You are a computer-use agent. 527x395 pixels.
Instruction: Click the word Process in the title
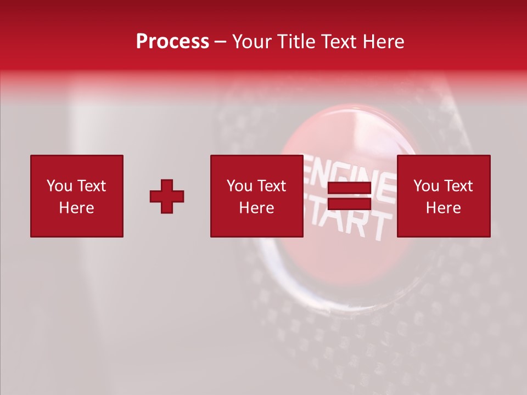[x=172, y=42]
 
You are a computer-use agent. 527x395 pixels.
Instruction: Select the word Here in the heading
[x=383, y=42]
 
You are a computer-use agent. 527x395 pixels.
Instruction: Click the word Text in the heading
[x=338, y=42]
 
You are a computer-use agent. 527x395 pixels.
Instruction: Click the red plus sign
[x=167, y=196]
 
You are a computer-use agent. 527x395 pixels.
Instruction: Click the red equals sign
[x=349, y=196]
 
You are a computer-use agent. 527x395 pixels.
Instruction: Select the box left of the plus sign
[x=77, y=196]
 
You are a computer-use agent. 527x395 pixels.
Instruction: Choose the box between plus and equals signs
[x=256, y=196]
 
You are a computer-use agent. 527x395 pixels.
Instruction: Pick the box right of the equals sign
[x=444, y=196]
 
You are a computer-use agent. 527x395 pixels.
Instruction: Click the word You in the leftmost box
[x=59, y=186]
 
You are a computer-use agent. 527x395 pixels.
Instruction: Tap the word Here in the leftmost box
[x=77, y=208]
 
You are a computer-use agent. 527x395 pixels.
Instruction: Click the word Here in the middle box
[x=256, y=208]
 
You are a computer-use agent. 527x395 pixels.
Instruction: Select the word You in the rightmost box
[x=426, y=186]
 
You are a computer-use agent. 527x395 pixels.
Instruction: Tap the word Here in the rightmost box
[x=444, y=208]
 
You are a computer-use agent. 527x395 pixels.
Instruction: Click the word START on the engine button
[x=351, y=222]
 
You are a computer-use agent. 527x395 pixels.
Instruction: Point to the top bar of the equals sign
[x=349, y=188]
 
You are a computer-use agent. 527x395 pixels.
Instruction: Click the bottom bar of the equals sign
[x=349, y=204]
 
